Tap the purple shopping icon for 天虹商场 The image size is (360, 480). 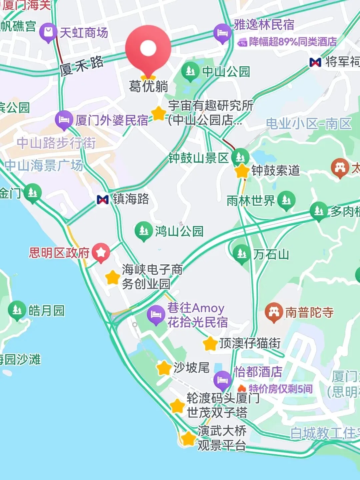[x=48, y=32]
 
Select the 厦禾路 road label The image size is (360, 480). [x=82, y=65]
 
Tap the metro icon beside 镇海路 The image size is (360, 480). [x=103, y=199]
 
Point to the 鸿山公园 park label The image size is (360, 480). [x=179, y=231]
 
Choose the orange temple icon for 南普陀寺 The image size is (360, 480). [x=274, y=312]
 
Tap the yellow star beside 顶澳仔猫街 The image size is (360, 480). [x=210, y=343]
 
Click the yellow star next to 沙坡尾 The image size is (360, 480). [x=164, y=368]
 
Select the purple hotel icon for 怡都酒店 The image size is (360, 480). [x=222, y=380]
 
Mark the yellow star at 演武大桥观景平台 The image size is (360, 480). [x=188, y=438]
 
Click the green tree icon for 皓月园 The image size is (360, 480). [x=17, y=310]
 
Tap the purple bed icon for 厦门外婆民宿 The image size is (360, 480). [x=64, y=120]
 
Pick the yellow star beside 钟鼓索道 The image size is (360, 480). [x=242, y=171]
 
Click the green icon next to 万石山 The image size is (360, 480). [x=242, y=254]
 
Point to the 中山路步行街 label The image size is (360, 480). [x=56, y=143]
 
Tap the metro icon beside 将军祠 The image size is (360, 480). [x=315, y=62]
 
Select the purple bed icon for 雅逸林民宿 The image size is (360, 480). [x=222, y=33]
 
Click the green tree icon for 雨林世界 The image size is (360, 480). [x=286, y=200]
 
